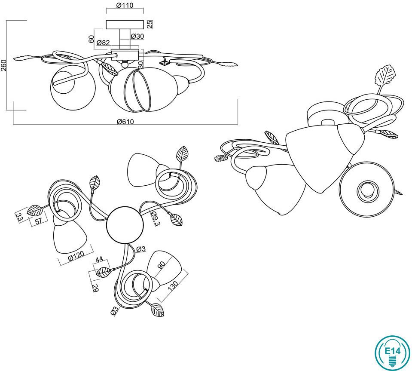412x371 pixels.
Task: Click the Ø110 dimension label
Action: [125, 5]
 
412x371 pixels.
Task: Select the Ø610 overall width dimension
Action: [125, 122]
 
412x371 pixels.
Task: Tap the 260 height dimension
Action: [4, 65]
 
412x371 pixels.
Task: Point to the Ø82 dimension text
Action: [103, 43]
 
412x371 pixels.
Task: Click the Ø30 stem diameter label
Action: [137, 36]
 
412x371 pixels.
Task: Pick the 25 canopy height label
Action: [150, 25]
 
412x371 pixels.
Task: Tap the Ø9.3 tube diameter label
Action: [155, 219]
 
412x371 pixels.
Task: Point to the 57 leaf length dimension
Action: [39, 221]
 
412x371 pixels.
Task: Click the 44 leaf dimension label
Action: [99, 260]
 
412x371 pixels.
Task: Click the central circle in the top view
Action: [125, 225]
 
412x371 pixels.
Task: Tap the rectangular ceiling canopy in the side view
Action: [125, 25]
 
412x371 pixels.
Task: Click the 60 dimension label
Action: [91, 39]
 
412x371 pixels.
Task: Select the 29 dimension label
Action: [95, 289]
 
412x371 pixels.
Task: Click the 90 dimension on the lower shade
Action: [162, 265]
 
